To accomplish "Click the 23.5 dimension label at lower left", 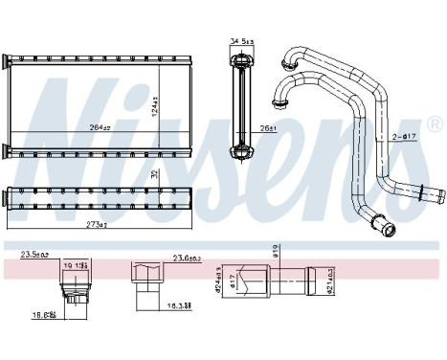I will [34, 256].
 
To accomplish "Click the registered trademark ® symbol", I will [435, 125].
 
